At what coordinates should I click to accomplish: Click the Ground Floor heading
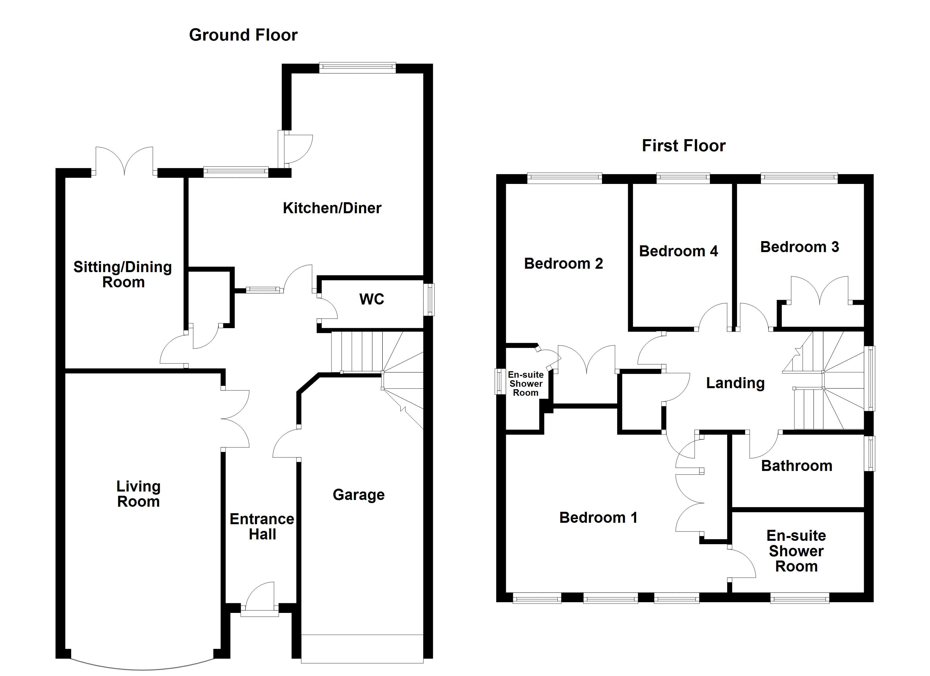243,35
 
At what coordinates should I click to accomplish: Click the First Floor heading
684,146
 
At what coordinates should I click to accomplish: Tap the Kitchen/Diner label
332,208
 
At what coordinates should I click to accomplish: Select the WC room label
371,299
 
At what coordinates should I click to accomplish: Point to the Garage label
359,495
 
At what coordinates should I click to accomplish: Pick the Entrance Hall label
262,527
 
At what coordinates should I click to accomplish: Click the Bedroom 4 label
679,251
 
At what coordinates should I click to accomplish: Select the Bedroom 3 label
800,247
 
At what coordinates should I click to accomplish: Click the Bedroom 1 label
599,518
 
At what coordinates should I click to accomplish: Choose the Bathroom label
797,466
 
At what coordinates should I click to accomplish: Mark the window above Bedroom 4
683,178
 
